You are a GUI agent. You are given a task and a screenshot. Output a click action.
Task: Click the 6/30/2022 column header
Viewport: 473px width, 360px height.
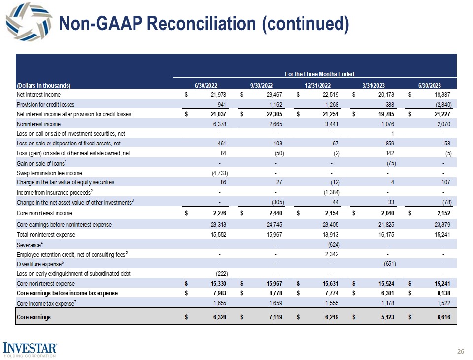click(203, 84)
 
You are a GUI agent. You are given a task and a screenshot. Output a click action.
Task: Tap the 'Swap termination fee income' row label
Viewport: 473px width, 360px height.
click(49, 173)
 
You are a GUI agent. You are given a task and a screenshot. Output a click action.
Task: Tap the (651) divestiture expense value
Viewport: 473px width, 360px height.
click(389, 263)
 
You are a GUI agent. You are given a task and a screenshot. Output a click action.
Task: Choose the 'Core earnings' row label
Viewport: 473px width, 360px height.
click(34, 317)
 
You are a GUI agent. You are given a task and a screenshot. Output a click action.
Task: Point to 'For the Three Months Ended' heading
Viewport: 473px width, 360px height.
click(319, 74)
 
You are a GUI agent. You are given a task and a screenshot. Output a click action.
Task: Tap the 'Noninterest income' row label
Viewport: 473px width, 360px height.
click(39, 125)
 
